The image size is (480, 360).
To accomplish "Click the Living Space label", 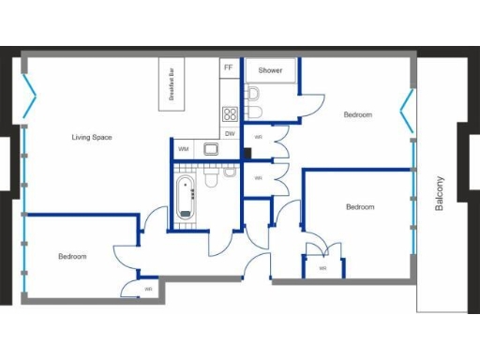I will click(92, 138).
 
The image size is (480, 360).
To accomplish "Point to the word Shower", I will click(271, 70).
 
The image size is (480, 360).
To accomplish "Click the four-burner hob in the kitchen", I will click(229, 114).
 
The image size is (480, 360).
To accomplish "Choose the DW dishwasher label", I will click(229, 133).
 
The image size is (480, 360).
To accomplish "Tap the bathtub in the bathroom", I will click(186, 198).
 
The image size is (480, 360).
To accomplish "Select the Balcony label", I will click(440, 195).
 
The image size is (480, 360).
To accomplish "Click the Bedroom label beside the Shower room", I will click(357, 115).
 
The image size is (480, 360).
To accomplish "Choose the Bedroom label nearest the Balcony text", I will click(360, 207).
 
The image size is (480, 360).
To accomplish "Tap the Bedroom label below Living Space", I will click(72, 257).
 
